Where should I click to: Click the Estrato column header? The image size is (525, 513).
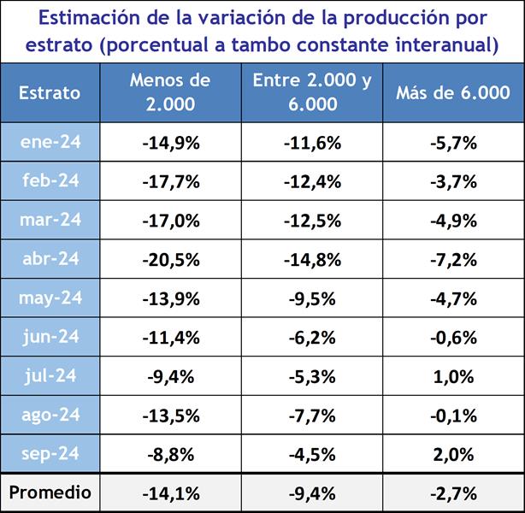(x=50, y=92)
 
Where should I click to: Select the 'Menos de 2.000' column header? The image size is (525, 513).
(x=170, y=92)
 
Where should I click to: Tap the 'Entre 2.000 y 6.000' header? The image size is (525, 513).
(x=312, y=92)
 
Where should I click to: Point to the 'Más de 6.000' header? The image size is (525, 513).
(x=453, y=92)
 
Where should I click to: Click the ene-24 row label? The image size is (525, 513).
(x=50, y=143)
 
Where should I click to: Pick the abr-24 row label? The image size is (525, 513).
(x=50, y=259)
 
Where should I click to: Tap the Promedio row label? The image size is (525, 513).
(x=50, y=492)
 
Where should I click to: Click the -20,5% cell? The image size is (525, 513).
(x=170, y=259)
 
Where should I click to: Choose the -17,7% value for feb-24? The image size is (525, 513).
(x=170, y=181)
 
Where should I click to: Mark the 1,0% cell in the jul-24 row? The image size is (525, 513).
(x=453, y=375)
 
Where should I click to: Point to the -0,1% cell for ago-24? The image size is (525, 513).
(x=453, y=415)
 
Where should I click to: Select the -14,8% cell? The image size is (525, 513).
(x=312, y=259)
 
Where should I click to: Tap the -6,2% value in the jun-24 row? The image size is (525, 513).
(x=312, y=337)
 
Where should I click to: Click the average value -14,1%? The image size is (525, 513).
(x=170, y=492)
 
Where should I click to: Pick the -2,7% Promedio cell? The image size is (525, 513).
(x=453, y=492)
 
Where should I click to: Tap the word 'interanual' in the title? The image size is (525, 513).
(x=445, y=44)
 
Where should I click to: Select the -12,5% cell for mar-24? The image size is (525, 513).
(x=312, y=221)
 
